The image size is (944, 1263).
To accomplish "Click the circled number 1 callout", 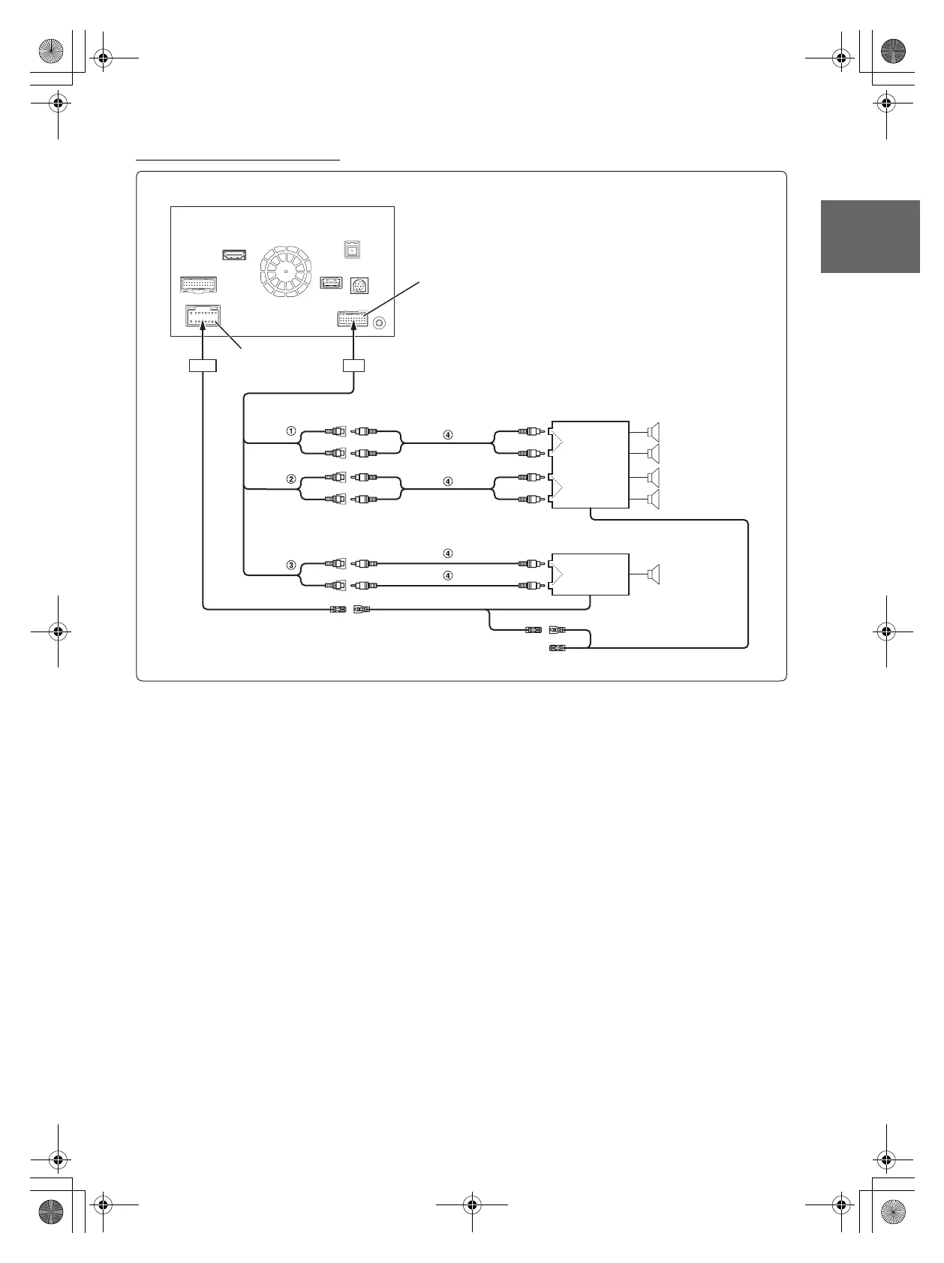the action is coord(291,431).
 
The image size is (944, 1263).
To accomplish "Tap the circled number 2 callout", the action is coord(291,478).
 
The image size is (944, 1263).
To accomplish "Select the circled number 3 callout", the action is coord(291,565).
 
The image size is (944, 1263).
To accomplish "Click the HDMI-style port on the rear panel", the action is coord(235,255).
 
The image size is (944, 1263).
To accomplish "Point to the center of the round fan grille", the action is coord(286,270).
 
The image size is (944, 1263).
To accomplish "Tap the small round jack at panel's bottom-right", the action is coord(379,322).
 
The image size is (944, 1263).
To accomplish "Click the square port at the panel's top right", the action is coord(352,249).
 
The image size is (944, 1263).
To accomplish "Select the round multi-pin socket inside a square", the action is coord(359,286).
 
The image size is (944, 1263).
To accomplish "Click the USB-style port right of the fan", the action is coord(331,282).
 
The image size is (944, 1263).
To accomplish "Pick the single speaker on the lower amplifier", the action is coord(654,574).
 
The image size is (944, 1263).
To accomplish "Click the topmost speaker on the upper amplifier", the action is coord(654,432).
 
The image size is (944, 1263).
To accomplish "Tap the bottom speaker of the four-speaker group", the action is coord(654,499).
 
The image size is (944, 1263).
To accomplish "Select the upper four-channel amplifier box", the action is coord(590,465).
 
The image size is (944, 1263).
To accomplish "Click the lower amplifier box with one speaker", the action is coord(590,574).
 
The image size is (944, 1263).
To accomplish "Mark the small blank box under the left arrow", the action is coord(202,366).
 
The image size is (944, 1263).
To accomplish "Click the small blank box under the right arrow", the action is coord(353,366).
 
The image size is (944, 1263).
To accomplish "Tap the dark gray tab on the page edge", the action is coord(870,236).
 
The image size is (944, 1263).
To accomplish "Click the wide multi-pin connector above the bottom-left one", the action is coord(199,285).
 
